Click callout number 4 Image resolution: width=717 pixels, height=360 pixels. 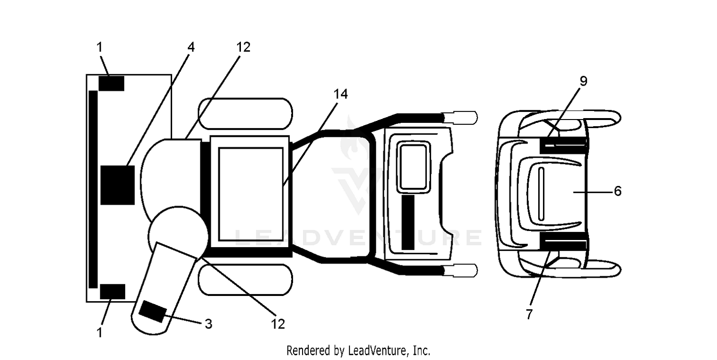[191, 47]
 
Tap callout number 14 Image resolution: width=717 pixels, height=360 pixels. [340, 94]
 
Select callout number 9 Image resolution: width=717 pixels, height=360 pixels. [584, 81]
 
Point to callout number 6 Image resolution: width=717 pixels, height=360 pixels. [618, 191]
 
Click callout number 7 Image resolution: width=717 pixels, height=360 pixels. [530, 314]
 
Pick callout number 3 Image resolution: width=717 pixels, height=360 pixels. [208, 324]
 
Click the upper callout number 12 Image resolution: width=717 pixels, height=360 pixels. [243, 47]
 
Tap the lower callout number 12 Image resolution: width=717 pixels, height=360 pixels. [278, 325]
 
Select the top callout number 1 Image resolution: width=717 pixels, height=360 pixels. [99, 47]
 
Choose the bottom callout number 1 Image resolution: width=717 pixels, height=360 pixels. [99, 333]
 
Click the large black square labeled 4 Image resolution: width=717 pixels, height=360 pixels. [118, 185]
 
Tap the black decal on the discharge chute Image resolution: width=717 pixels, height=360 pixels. [153, 312]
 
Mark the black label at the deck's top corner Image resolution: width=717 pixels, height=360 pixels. [111, 84]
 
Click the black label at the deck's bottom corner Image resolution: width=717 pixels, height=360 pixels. [112, 292]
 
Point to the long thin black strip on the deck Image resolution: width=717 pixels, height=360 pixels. [93, 190]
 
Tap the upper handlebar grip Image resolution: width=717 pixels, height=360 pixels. [460, 118]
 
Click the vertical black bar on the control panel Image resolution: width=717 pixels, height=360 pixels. [408, 222]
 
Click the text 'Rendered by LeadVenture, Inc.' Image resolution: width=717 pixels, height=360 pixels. [358, 351]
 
